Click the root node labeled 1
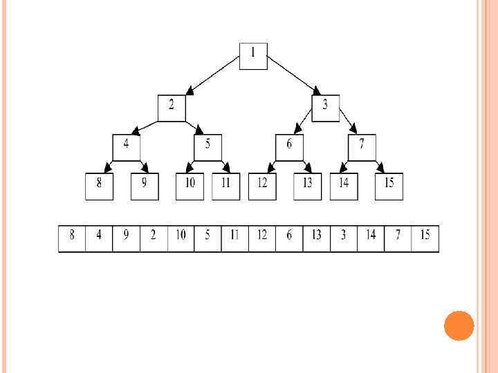pos(253,56)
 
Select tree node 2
pos(172,108)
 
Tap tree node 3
pos(325,108)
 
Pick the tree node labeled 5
pos(207,147)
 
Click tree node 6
pos(289,147)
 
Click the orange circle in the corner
pos(459,325)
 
